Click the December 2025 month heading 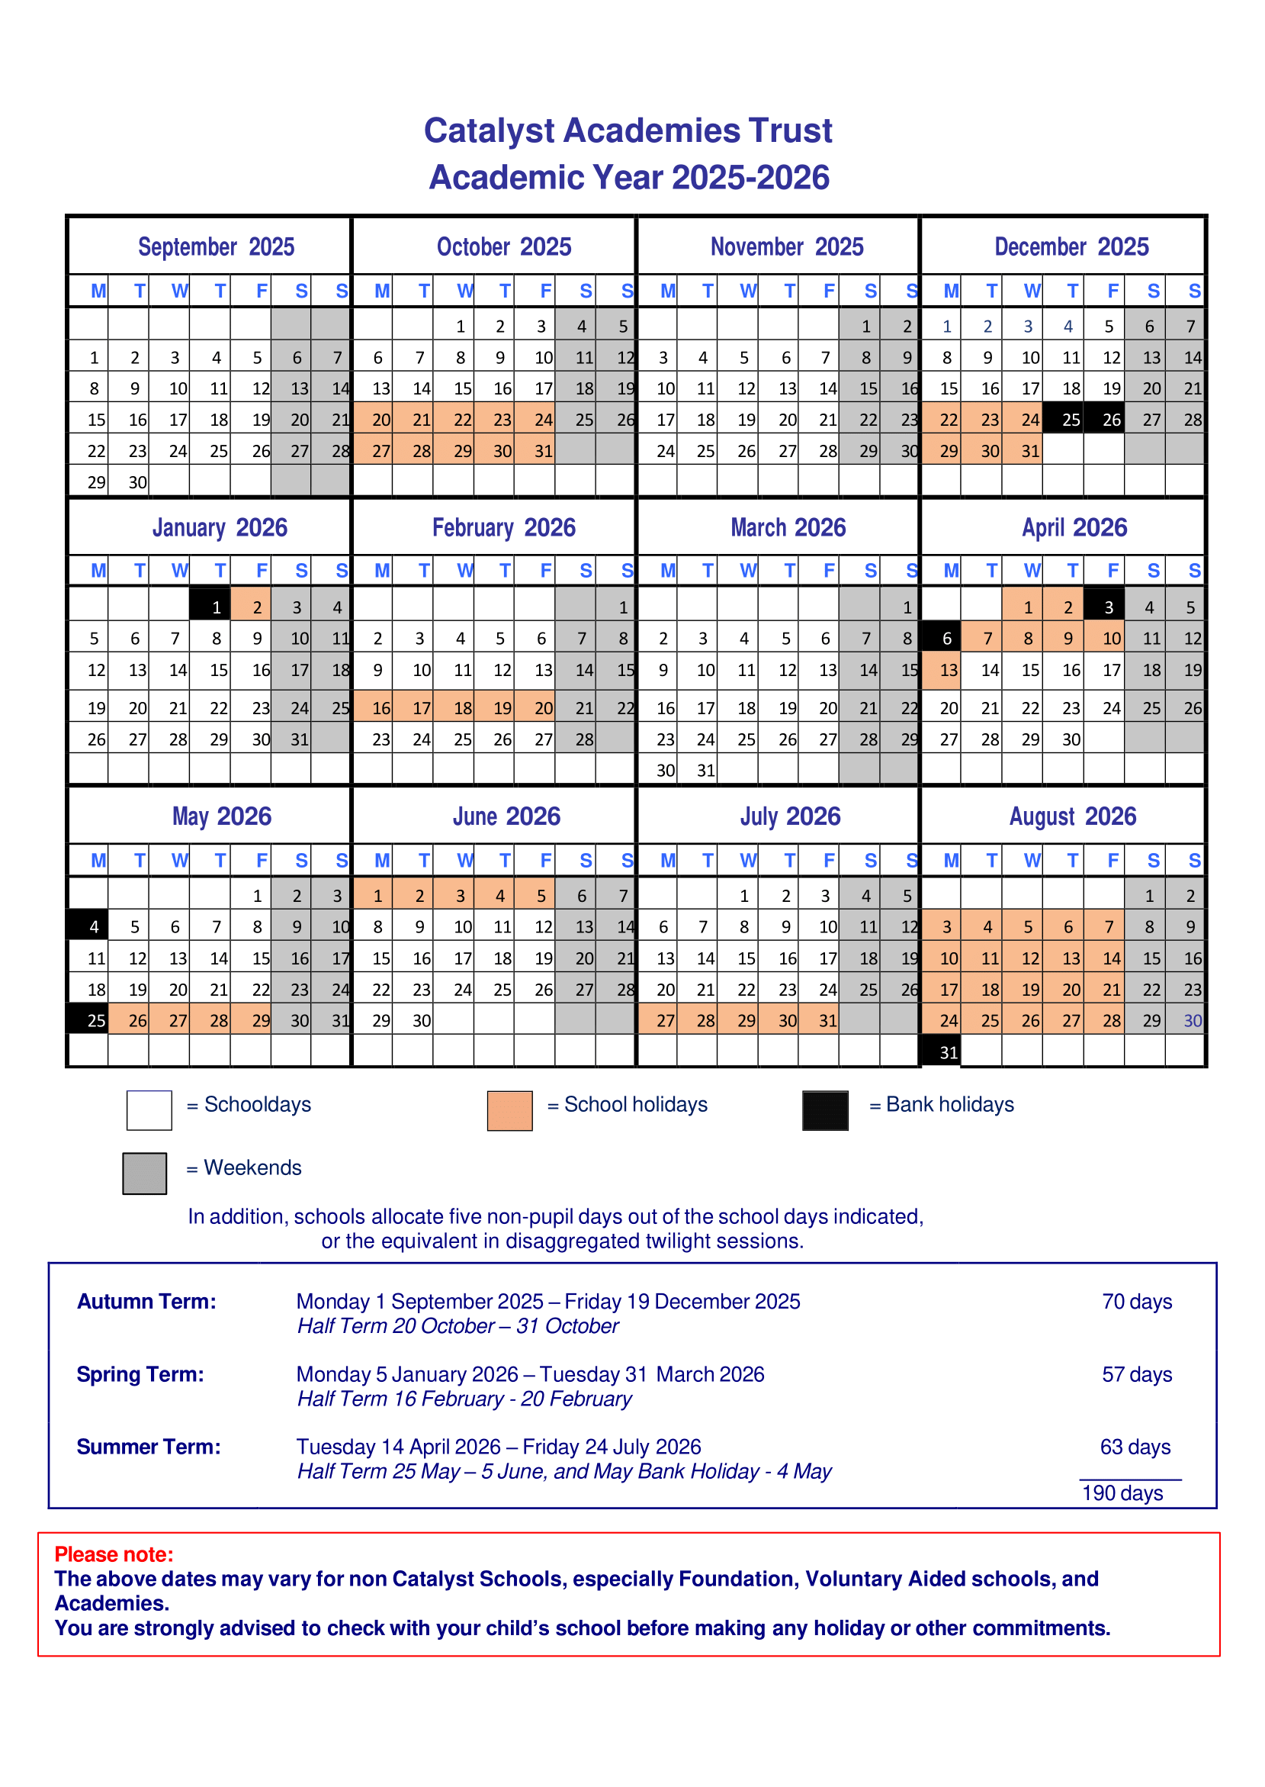[x=1071, y=247]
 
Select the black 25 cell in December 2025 [x=1071, y=420]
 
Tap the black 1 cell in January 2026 [x=216, y=607]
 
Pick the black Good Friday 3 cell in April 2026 [x=1109, y=607]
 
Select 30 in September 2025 [x=137, y=482]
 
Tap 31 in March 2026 [x=706, y=771]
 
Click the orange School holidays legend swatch [x=509, y=1110]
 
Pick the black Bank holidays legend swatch [x=825, y=1110]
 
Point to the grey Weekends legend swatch [x=144, y=1173]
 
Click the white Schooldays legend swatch [x=149, y=1110]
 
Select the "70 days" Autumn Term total [x=1136, y=1302]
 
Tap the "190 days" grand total [x=1122, y=1493]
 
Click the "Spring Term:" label [x=140, y=1374]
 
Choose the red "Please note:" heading [x=114, y=1554]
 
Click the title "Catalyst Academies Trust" [x=628, y=131]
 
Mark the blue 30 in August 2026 [x=1193, y=1020]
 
